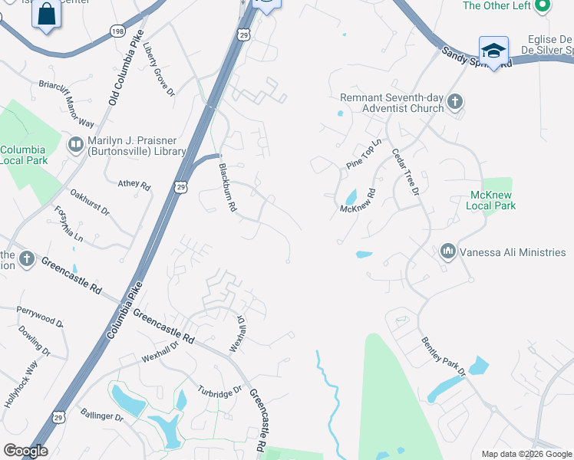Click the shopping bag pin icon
pos(46,15)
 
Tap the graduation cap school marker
pos(493,51)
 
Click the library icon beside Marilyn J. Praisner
pos(76,144)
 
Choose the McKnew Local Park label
pos(492,200)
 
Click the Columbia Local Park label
pos(24,155)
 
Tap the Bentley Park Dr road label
pos(444,356)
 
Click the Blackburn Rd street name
pos(227,188)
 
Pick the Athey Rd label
pos(134,185)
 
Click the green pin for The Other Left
pos(543,6)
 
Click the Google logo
pos(25,451)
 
